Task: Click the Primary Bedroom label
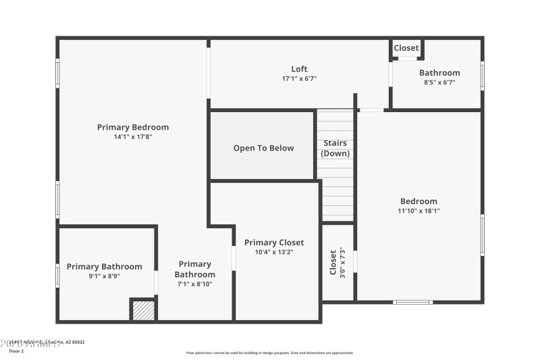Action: (133, 127)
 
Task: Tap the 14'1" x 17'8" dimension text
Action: (133, 137)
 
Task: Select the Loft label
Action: (299, 69)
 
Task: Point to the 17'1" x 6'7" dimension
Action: (299, 79)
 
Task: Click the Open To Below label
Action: (263, 148)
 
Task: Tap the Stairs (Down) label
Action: (335, 148)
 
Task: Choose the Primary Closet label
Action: (274, 242)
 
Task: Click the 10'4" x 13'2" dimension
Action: (274, 252)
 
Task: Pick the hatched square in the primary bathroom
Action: (143, 310)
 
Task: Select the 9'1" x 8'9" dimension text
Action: (103, 276)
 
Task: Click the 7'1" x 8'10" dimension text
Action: (195, 284)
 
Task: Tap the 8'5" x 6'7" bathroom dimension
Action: (439, 83)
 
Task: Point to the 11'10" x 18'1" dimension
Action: (418, 211)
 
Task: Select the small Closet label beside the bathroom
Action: (406, 48)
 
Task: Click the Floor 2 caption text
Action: (16, 351)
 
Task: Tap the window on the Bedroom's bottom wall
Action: (413, 302)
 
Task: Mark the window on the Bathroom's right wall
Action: (482, 76)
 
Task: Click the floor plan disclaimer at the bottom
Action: (269, 353)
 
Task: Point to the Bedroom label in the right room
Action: (418, 201)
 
